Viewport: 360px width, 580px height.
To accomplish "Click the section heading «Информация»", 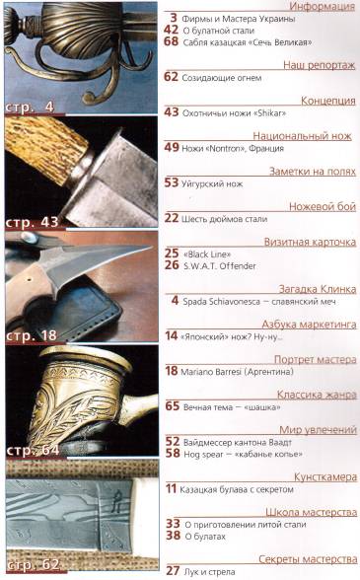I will pos(321,6).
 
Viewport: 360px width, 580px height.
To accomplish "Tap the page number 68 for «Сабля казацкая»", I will pos(171,43).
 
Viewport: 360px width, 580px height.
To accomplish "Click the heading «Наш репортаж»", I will pos(320,62).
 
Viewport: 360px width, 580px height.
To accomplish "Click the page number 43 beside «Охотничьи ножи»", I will pos(171,112).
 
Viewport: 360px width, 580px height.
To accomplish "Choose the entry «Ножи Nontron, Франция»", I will pos(236,148).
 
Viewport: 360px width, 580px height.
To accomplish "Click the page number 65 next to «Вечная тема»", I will pos(171,406).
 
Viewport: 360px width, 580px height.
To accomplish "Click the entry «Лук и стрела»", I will pos(212,570).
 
